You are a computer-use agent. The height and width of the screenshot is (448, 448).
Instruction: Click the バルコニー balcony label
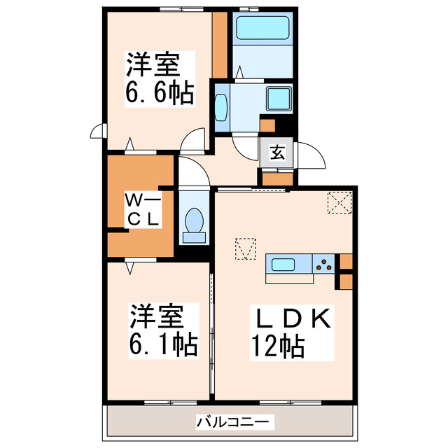pos(225,422)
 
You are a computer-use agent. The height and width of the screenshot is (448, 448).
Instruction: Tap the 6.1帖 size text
pos(162,343)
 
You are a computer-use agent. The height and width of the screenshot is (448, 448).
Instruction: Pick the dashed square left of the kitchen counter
pos(246,248)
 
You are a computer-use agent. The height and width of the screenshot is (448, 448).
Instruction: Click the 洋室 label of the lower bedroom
pos(155,316)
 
